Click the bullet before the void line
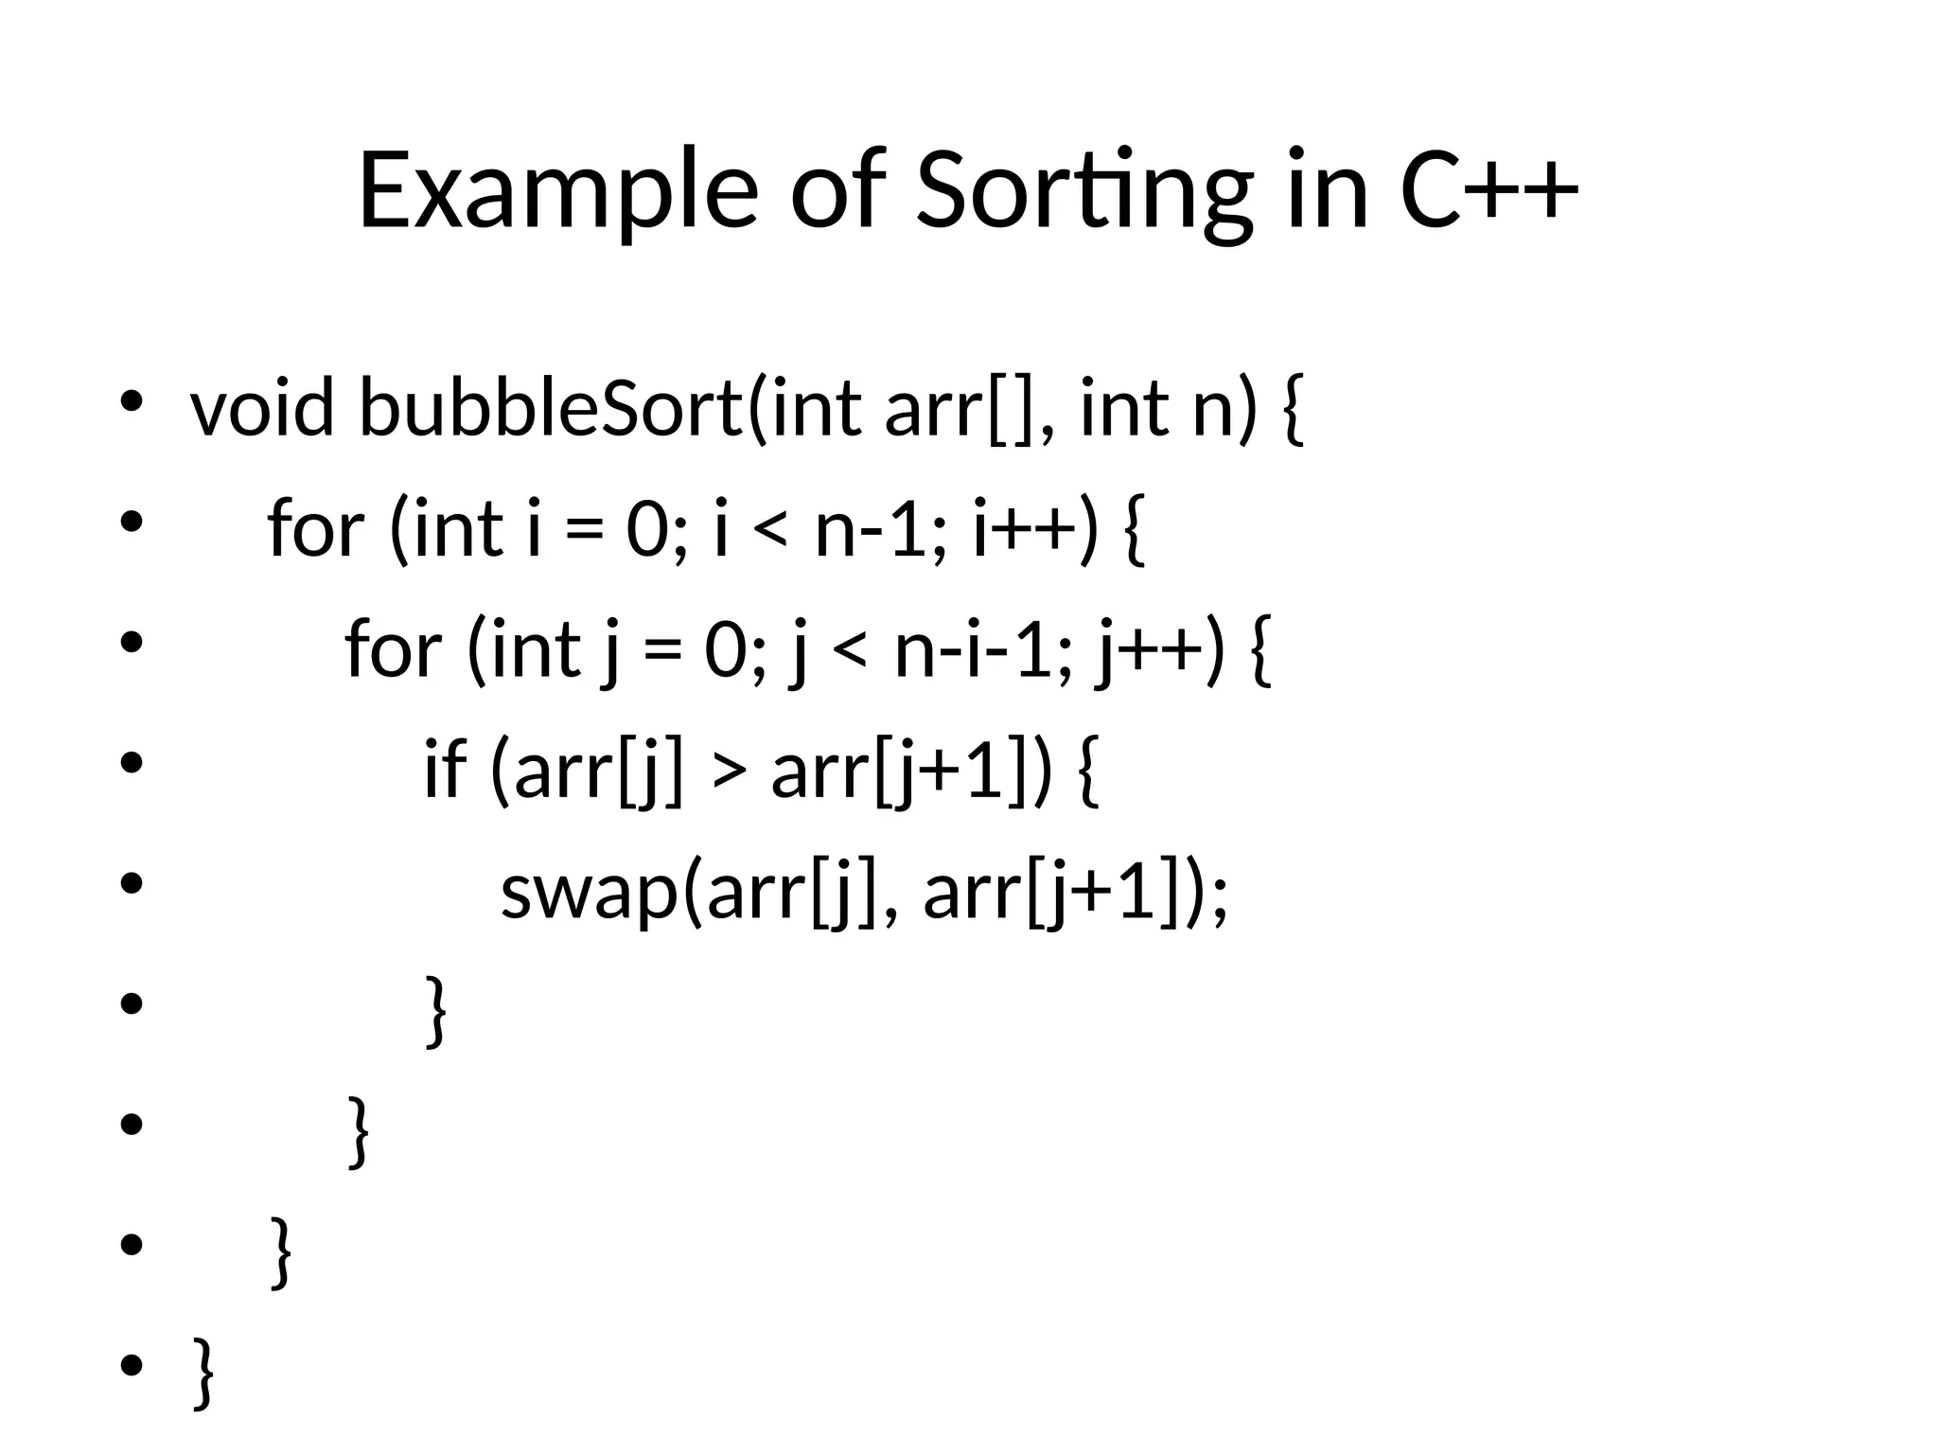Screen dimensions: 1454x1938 [132, 399]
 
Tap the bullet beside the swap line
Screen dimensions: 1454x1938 [132, 883]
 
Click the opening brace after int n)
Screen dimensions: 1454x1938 [1292, 410]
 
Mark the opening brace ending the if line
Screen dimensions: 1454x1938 [1088, 771]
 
